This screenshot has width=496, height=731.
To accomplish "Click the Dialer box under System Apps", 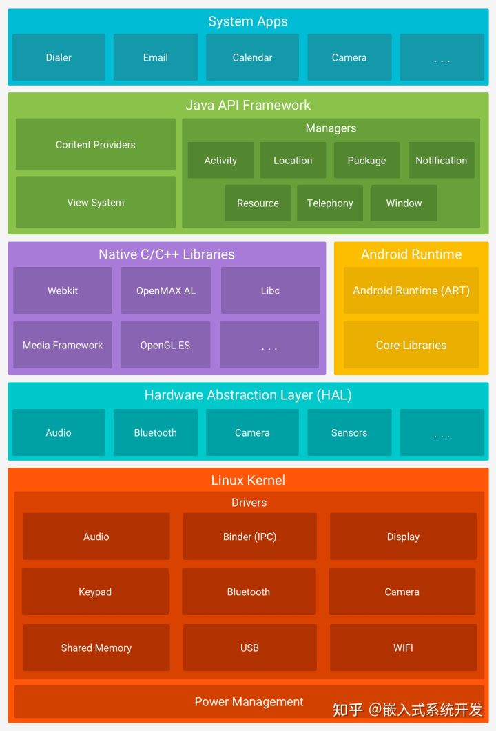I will pyautogui.click(x=59, y=57).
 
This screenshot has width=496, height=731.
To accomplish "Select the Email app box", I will pyautogui.click(x=155, y=57).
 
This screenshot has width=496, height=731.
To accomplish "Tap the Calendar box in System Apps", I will pyautogui.click(x=252, y=57).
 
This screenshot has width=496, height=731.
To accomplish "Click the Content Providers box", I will pyautogui.click(x=96, y=144).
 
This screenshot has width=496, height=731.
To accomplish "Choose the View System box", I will pyautogui.click(x=96, y=202).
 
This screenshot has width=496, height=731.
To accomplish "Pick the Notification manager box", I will pyautogui.click(x=441, y=160).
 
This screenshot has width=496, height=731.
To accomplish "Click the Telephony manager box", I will pyautogui.click(x=330, y=203).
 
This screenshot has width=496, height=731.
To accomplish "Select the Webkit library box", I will pyautogui.click(x=63, y=290).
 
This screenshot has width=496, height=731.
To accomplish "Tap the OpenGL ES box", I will pyautogui.click(x=165, y=345).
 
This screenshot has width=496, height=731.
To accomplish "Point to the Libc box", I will pyautogui.click(x=270, y=290).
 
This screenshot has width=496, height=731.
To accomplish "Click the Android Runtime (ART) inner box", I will pyautogui.click(x=411, y=290).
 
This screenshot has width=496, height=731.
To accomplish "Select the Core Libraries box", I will pyautogui.click(x=411, y=345).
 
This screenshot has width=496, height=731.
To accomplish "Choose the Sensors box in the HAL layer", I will pyautogui.click(x=349, y=432).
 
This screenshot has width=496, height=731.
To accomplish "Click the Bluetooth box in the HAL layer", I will pyautogui.click(x=155, y=432).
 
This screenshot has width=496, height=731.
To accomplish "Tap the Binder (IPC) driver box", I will pyautogui.click(x=249, y=536).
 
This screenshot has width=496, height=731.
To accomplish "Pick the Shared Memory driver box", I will pyautogui.click(x=96, y=648).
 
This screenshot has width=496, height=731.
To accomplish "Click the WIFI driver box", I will pyautogui.click(x=403, y=648).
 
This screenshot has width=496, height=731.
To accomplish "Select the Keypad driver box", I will pyautogui.click(x=95, y=592).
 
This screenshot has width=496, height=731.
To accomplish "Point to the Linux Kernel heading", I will pyautogui.click(x=248, y=480).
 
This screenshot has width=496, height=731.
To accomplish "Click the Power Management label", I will pyautogui.click(x=249, y=701).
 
